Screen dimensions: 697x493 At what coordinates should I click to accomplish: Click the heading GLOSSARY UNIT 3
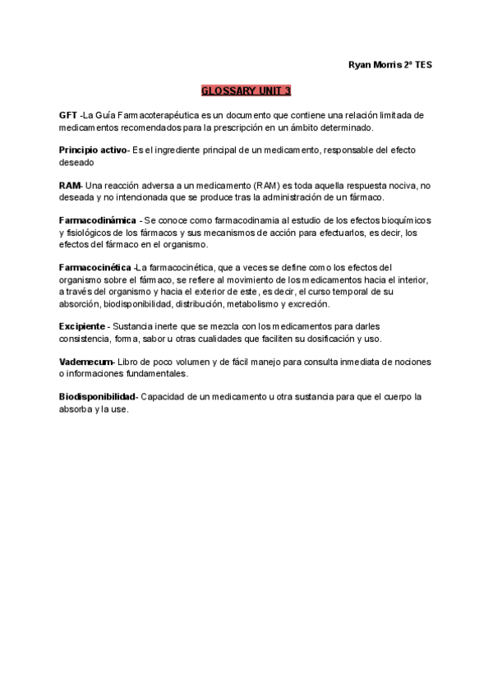(246, 90)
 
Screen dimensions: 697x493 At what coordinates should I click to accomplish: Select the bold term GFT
(67, 116)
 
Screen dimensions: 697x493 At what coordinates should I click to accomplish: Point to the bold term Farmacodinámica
(98, 221)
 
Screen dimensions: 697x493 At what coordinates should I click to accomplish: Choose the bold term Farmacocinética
(95, 268)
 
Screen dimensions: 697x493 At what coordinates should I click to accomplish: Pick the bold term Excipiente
(82, 327)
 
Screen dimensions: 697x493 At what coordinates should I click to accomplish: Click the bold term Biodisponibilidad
(97, 397)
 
